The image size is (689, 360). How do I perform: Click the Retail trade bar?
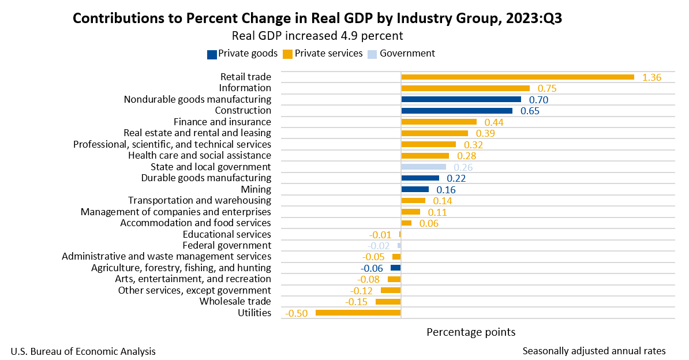point(517,77)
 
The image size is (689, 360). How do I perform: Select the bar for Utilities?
point(358,313)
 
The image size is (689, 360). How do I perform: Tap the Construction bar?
point(456,111)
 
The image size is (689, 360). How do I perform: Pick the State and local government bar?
point(424,167)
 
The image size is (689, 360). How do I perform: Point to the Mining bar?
point(415,189)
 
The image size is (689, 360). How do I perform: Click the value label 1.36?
point(651,77)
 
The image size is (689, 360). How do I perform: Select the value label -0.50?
point(297,313)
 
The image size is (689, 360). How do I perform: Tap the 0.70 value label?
point(538,99)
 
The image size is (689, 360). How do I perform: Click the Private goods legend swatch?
point(211,54)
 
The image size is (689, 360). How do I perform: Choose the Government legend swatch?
point(372,54)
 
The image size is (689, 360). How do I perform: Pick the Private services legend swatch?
point(287,54)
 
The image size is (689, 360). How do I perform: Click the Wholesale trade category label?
point(235,301)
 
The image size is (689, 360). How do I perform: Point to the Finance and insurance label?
point(222,122)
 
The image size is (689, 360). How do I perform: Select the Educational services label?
point(227,234)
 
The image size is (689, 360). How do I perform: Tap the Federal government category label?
point(226,245)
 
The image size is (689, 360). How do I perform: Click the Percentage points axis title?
point(471,332)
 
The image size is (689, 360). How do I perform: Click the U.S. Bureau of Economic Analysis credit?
point(83,351)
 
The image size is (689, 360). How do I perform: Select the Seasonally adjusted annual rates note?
point(594,351)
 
